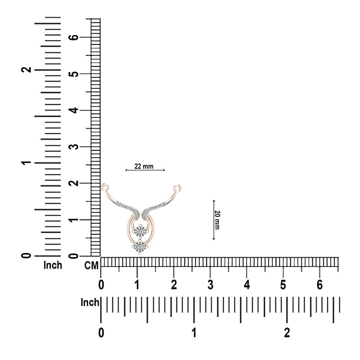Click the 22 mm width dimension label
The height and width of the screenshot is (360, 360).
coord(144,166)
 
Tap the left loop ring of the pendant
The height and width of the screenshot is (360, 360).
coord(105,187)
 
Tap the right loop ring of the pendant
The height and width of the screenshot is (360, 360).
coord(177,188)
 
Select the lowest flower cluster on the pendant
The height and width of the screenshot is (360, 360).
coord(140,247)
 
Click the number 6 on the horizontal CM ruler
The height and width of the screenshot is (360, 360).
coord(320,285)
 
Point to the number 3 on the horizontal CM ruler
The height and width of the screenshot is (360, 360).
coord(210,285)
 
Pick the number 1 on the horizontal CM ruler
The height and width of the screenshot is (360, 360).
coord(137,285)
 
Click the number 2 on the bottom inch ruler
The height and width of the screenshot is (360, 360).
coord(287,333)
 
